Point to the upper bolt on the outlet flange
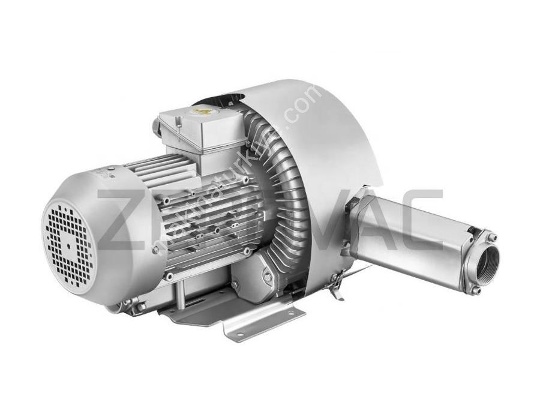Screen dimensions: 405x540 492,238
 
